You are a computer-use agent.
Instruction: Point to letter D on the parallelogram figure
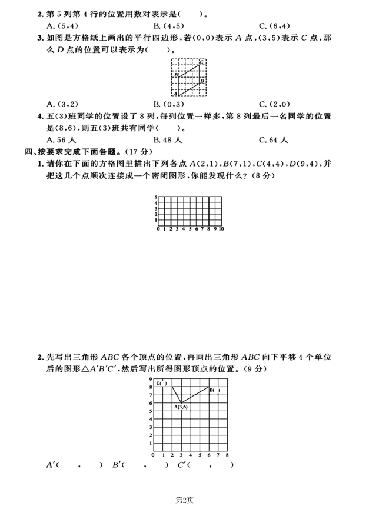pyautogui.click(x=201, y=81)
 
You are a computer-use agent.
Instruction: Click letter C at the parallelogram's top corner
pyautogui.click(x=201, y=61)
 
